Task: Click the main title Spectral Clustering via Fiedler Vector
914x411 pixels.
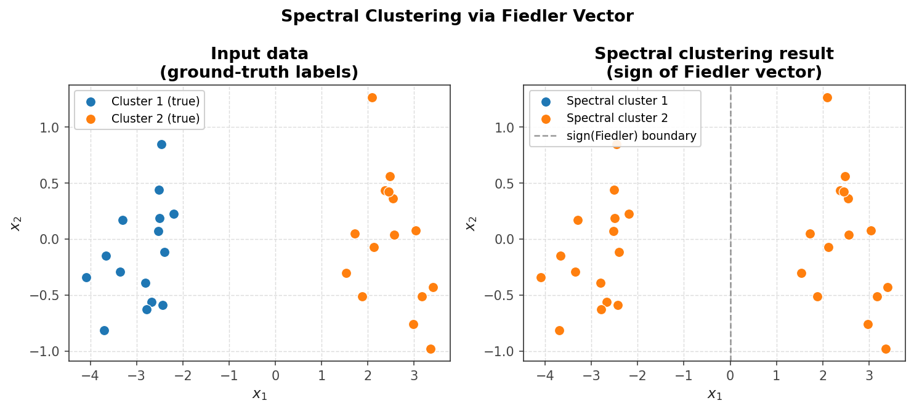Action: [x=457, y=17]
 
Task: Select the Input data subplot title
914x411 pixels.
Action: [x=259, y=63]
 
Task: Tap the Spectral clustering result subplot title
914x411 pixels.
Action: [x=714, y=63]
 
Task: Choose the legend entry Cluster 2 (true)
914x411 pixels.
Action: [x=155, y=118]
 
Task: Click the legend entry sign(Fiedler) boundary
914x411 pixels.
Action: [x=631, y=136]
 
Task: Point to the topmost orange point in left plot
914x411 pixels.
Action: [x=372, y=97]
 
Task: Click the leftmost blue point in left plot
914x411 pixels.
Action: [x=86, y=277]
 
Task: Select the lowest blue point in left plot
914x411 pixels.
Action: [x=104, y=330]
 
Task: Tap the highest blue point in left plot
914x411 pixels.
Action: [x=161, y=144]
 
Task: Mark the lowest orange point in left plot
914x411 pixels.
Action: [x=431, y=349]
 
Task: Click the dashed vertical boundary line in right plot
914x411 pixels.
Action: [x=730, y=246]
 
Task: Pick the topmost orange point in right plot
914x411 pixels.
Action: [x=827, y=97]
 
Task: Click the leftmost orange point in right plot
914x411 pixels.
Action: [x=541, y=277]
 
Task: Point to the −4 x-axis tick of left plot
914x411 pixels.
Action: [x=91, y=375]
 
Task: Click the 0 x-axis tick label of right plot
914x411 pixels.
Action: [x=730, y=375]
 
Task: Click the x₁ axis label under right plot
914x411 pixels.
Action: [x=714, y=395]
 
